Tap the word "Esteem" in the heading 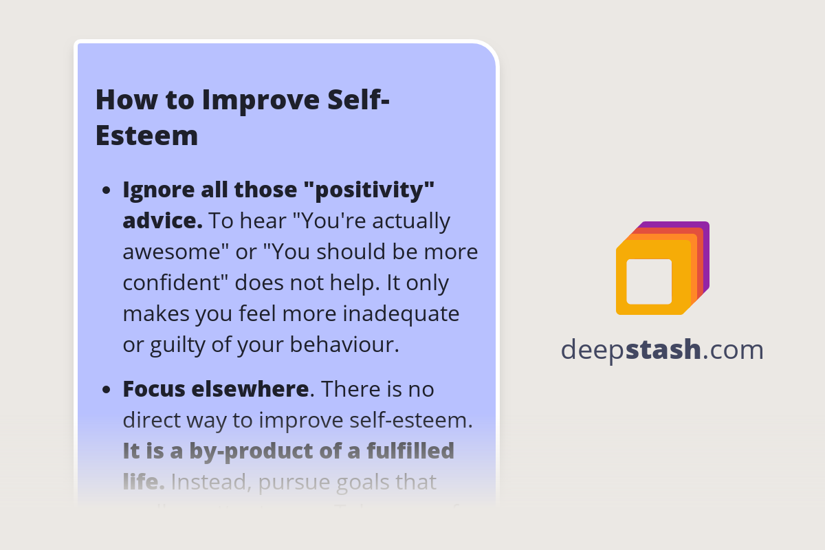click(146, 135)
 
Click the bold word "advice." click(162, 221)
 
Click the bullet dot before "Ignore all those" click(106, 191)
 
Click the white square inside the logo click(649, 281)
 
